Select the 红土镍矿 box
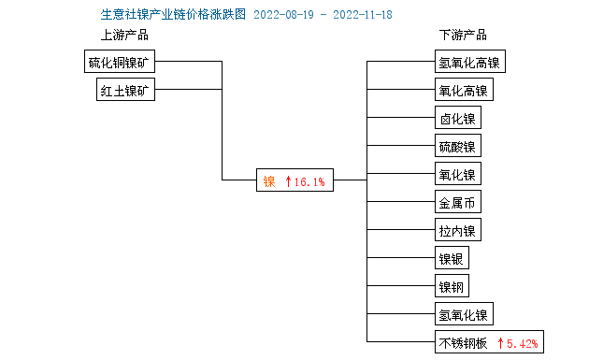point(126,90)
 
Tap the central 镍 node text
point(269,180)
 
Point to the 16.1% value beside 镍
point(309,180)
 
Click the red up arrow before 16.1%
point(289,180)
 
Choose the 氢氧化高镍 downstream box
point(469,63)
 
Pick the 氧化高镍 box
point(463,91)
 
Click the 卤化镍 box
point(457,119)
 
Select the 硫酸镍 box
point(457,147)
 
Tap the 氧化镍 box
point(457,174)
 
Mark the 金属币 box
point(457,202)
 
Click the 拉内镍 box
point(457,230)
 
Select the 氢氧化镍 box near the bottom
point(463,313)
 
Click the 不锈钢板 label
point(463,342)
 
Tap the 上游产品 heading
point(124,35)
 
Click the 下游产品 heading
point(463,35)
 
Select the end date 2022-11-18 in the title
point(363,14)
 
